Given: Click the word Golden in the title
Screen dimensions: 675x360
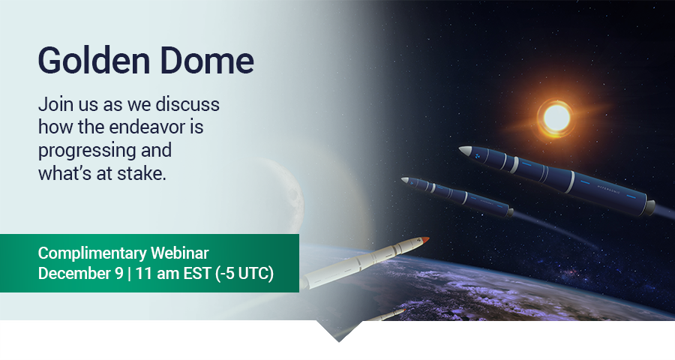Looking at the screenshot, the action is click(94, 60).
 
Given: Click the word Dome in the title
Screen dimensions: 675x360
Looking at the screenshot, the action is click(207, 60).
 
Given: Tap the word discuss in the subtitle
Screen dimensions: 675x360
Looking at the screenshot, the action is click(187, 104).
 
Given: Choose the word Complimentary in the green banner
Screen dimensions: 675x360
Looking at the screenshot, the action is click(92, 253).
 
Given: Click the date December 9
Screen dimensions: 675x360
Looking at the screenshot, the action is click(80, 274).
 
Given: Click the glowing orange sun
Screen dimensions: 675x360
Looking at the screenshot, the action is click(555, 118).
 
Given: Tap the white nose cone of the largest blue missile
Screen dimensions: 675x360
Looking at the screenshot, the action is click(465, 151).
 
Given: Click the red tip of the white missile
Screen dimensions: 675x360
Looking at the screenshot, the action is click(425, 239).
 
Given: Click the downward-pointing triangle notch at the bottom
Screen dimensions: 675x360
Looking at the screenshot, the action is click(339, 331).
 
